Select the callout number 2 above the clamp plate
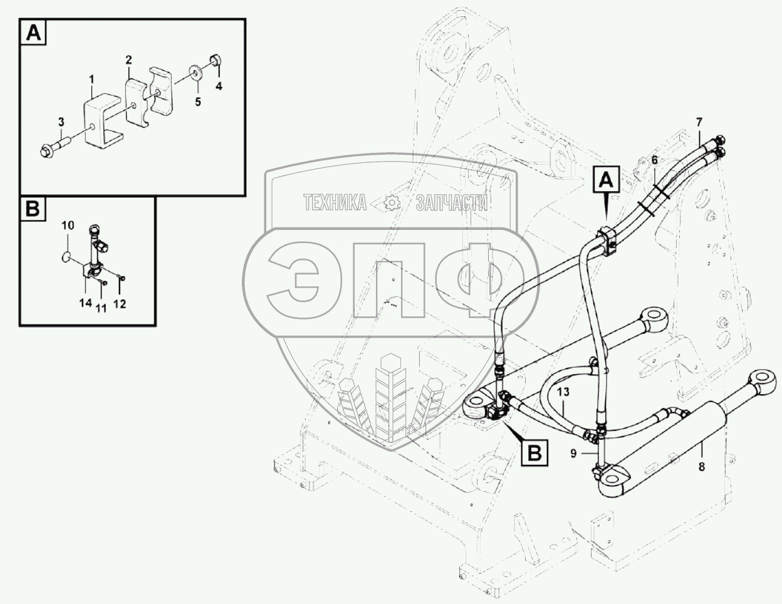pyautogui.click(x=128, y=60)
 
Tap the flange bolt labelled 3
pyautogui.click(x=53, y=150)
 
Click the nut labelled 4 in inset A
pyautogui.click(x=213, y=61)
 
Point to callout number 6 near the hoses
pyautogui.click(x=654, y=160)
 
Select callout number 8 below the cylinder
pyautogui.click(x=702, y=466)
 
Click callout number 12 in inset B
pyautogui.click(x=120, y=304)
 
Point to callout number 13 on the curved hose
pyautogui.click(x=563, y=392)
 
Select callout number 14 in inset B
pyautogui.click(x=85, y=303)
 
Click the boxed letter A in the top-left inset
pyautogui.click(x=34, y=33)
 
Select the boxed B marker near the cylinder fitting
pyautogui.click(x=534, y=452)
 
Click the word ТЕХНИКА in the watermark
pyautogui.click(x=335, y=202)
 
